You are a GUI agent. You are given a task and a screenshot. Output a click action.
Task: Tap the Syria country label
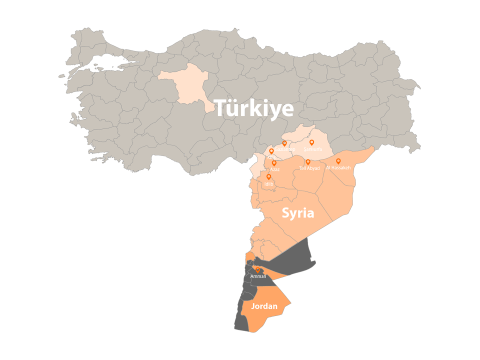point(299,214)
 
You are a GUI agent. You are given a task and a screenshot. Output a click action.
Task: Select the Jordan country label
point(265,305)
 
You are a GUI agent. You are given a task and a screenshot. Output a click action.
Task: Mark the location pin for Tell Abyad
point(308,160)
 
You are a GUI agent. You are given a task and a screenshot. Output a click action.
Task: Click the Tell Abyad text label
point(308,168)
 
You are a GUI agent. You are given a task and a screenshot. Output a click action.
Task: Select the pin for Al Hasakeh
point(338,160)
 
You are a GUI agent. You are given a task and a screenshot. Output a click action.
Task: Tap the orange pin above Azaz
point(273,162)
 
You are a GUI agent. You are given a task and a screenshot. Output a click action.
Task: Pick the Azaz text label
point(273,169)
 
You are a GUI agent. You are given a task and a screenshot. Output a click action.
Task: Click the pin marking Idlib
point(268,177)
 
